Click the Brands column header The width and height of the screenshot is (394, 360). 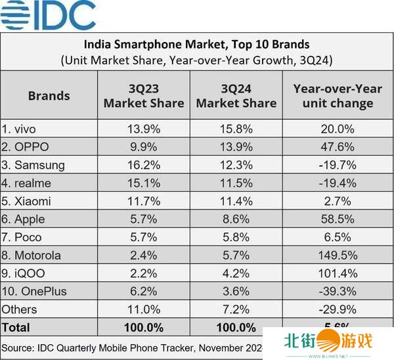click(x=49, y=96)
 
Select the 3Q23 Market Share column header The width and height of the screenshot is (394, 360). click(x=144, y=96)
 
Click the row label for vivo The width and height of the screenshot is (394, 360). click(x=20, y=128)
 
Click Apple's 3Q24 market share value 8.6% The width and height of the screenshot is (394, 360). click(x=236, y=219)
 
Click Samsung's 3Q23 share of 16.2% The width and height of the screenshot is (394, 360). click(x=144, y=164)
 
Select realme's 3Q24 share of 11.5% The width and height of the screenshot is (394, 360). click(x=236, y=183)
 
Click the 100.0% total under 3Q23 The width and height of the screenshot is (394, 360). click(x=144, y=326)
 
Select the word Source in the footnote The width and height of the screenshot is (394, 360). click(x=20, y=346)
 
